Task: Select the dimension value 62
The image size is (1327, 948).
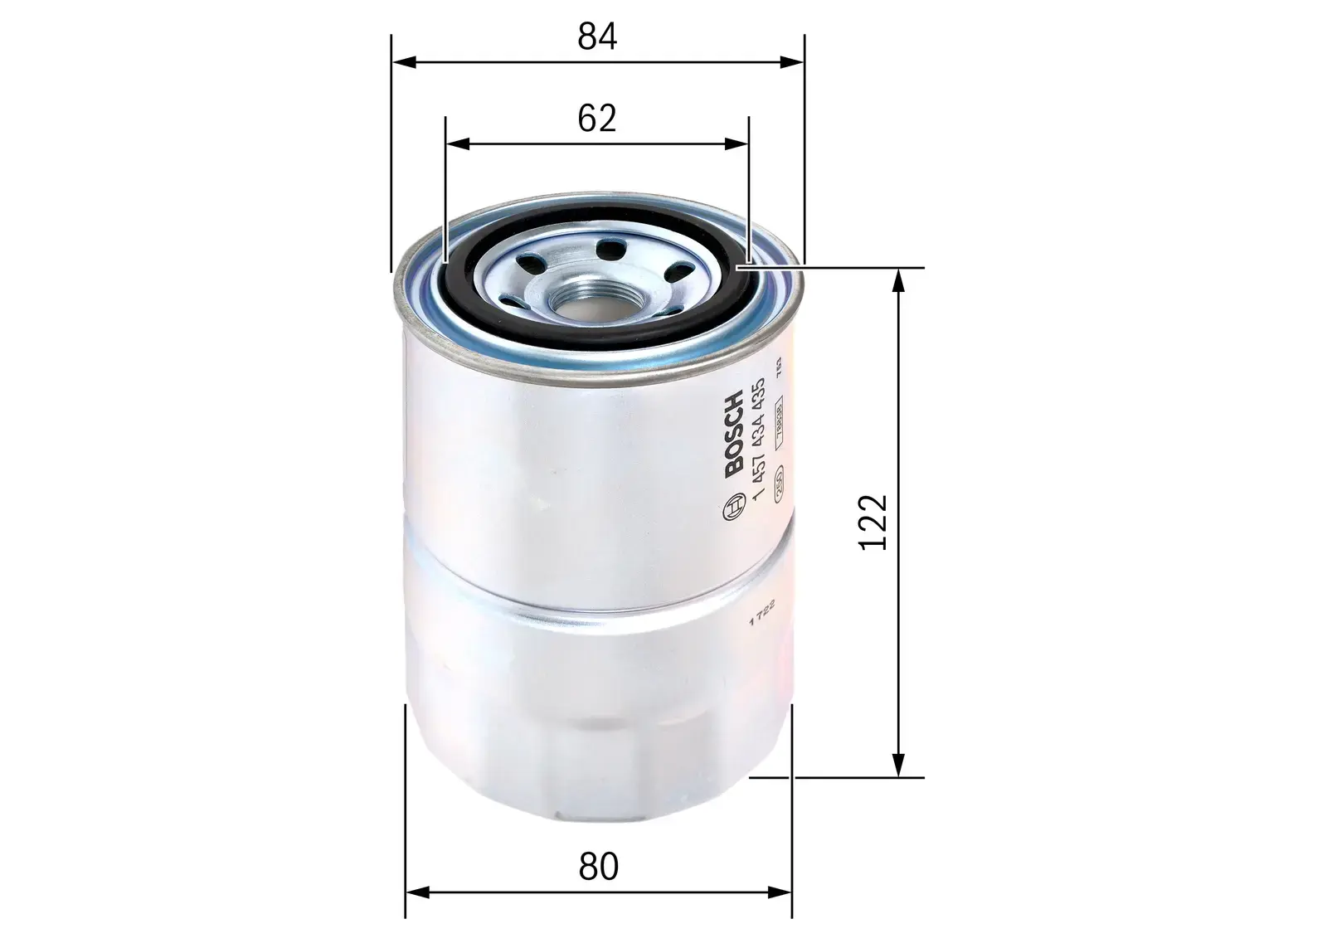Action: pos(597,119)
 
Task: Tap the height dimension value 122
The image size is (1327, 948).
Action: pos(873,522)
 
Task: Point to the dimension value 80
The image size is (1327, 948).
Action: pos(599,867)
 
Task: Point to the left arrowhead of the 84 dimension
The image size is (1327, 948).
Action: pos(401,61)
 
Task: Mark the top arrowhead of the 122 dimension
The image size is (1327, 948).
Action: pos(897,280)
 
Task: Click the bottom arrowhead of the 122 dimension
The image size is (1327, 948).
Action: pos(897,766)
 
